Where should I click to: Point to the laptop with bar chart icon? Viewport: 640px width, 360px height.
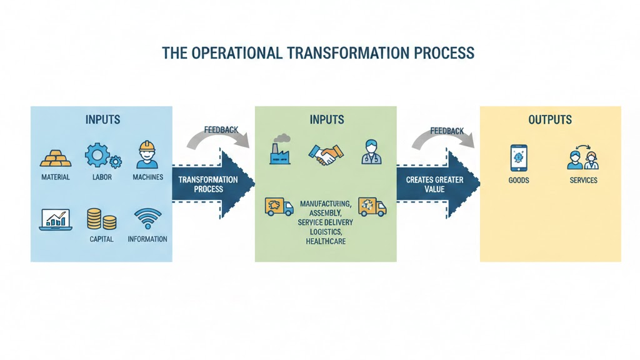tap(56, 219)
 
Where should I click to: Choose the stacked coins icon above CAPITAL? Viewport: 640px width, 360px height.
tap(101, 219)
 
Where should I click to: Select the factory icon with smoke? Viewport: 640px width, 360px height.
tap(281, 150)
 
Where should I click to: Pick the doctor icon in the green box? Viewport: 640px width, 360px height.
tap(371, 152)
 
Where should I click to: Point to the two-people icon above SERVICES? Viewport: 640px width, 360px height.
tap(582, 159)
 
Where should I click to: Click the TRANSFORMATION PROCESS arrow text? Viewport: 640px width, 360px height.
tap(208, 184)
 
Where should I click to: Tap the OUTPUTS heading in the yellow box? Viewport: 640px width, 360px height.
tap(550, 119)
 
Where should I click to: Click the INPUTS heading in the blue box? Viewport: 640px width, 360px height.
tap(102, 119)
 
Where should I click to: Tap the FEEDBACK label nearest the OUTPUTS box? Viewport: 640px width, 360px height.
tap(447, 131)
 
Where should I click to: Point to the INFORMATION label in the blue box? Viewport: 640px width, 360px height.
tap(147, 239)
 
